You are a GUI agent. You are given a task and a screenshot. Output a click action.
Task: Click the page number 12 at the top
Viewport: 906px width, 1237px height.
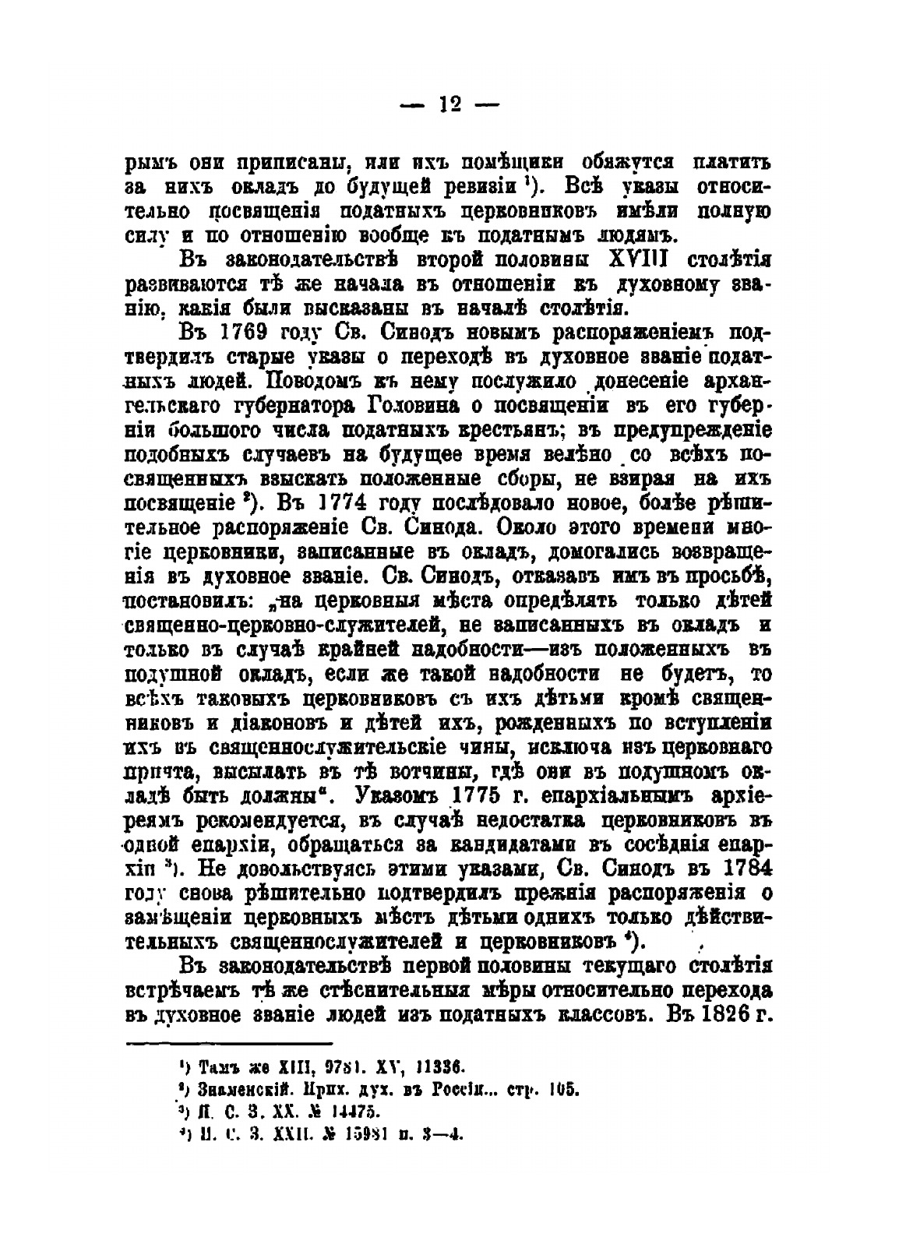tap(451, 104)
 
